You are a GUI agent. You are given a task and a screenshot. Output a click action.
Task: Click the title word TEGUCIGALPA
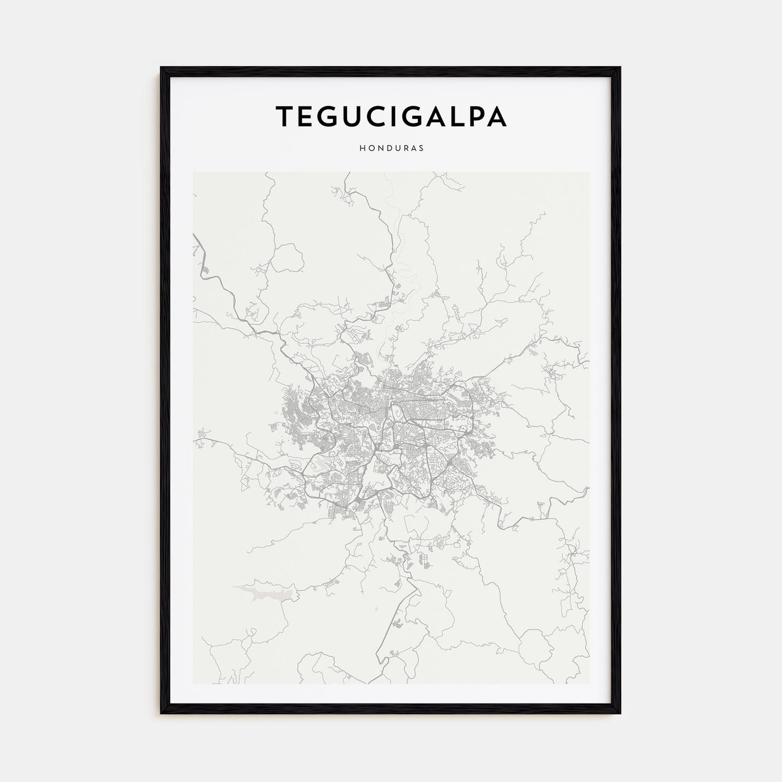pyautogui.click(x=391, y=116)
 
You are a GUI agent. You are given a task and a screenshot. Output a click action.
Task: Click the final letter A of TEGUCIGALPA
pyautogui.click(x=497, y=116)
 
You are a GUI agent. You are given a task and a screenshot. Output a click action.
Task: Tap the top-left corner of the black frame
pyautogui.click(x=161, y=68)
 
